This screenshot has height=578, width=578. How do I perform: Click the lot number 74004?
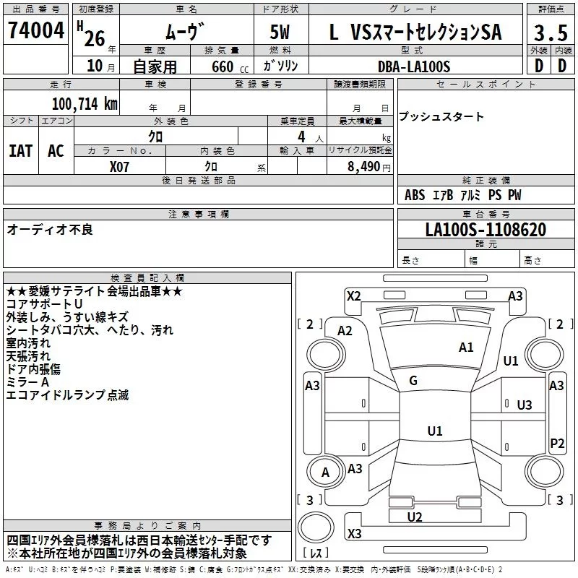[36, 30]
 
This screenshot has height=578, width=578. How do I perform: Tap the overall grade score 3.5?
[551, 33]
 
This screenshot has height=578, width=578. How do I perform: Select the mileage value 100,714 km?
[85, 104]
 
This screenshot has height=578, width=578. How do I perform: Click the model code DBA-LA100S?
[414, 66]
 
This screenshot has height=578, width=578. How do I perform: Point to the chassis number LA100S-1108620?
[486, 230]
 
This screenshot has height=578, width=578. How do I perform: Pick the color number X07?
[119, 167]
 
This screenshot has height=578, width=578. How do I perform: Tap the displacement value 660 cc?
[230, 66]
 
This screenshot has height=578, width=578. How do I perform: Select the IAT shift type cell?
[21, 151]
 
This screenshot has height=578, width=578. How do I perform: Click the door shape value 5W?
[280, 32]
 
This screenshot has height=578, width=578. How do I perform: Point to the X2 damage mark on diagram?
[353, 296]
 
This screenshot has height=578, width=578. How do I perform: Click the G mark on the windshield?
[413, 381]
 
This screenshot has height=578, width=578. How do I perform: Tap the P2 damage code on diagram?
[557, 443]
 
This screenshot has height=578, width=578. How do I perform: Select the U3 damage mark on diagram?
[525, 405]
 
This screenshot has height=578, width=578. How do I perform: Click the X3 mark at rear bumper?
[354, 533]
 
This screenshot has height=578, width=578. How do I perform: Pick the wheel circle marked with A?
[326, 473]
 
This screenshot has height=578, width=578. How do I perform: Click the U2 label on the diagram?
[414, 517]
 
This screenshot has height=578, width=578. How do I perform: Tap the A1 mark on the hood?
[466, 348]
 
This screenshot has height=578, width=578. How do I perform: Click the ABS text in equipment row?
[415, 195]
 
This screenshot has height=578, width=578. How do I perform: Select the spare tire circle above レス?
[316, 527]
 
